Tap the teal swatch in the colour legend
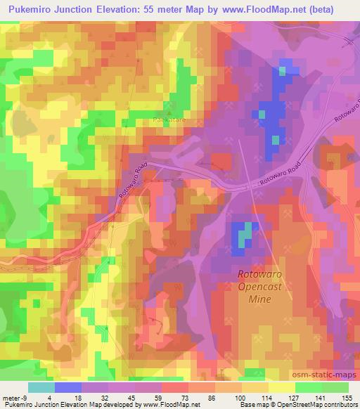tap(41, 387)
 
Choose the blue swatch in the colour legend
tap(68, 387)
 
